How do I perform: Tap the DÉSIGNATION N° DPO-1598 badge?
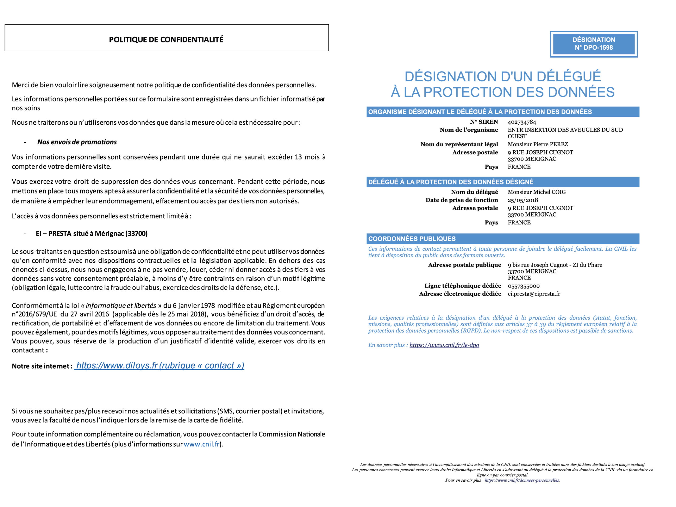[594, 44]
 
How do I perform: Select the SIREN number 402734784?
[522, 122]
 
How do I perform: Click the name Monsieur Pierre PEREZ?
[538, 144]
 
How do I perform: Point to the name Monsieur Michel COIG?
[536, 192]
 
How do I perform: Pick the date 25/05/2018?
[523, 200]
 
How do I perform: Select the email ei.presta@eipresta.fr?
[534, 294]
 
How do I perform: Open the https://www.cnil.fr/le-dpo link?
[444, 345]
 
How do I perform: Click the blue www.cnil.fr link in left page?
[201, 444]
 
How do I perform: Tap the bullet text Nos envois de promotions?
[77, 142]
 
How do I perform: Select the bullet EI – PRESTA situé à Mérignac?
[92, 234]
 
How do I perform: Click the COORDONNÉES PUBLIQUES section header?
[412, 239]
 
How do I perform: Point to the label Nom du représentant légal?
[459, 144]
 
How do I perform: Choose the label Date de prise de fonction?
[462, 200]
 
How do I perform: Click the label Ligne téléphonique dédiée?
[462, 286]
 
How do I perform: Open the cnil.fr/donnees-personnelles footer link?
[522, 480]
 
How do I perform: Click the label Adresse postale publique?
[464, 265]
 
